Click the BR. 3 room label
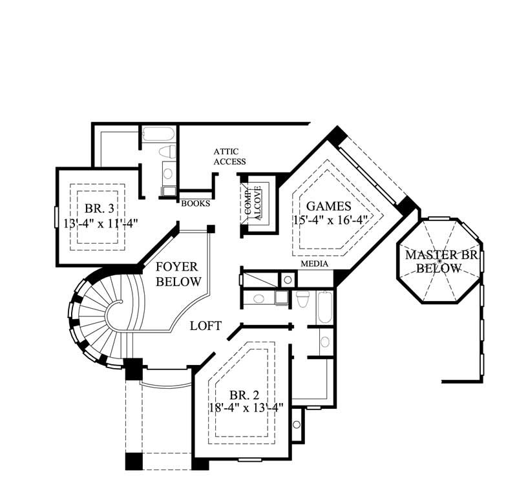99,209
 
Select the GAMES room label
328,207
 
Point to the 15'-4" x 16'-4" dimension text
330,220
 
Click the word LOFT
206,326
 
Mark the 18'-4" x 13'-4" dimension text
246,408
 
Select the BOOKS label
195,203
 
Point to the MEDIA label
314,264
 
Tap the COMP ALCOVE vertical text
252,203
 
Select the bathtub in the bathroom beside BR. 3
158,134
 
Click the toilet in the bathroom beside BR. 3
167,152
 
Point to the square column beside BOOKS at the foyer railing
211,229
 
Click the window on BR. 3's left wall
56,216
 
